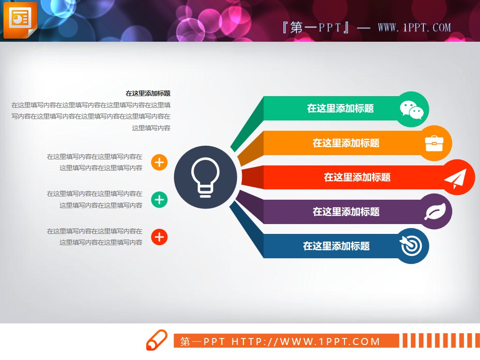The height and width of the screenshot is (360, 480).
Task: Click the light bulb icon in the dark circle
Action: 205,176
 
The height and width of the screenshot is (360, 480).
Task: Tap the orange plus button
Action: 159,163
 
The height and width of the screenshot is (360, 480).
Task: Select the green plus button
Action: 159,200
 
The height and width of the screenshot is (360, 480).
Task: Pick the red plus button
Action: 159,238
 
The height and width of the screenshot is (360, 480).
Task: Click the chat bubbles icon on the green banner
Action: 412,110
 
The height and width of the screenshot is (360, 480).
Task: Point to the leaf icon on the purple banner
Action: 435,212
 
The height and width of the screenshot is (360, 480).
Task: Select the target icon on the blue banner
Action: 412,246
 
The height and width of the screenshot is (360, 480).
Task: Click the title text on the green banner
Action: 340,109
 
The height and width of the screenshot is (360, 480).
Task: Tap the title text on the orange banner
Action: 346,143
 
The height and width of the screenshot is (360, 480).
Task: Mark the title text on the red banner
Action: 357,177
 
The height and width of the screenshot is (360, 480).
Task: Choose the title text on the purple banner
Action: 346,211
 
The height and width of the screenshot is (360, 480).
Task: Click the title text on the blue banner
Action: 336,246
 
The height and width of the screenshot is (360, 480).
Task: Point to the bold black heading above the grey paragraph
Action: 148,93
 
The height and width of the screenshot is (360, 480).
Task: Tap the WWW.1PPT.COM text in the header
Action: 414,28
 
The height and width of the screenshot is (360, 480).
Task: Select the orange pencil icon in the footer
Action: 157,340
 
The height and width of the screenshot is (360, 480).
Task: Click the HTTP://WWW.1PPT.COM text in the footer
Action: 306,341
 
